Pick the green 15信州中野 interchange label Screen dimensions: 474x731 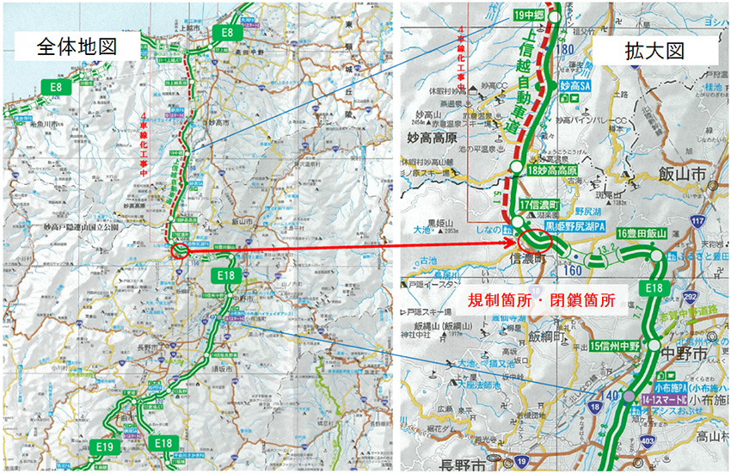click(x=617, y=345)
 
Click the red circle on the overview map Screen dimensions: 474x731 click(x=179, y=251)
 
